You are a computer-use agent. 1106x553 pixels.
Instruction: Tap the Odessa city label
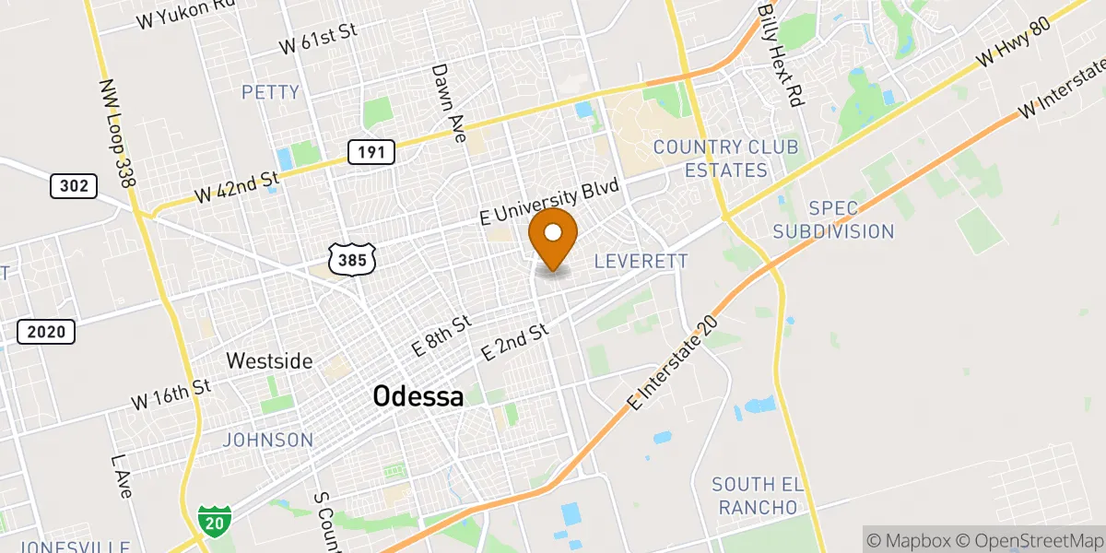[x=418, y=397]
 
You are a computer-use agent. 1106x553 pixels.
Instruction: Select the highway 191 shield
[x=371, y=152]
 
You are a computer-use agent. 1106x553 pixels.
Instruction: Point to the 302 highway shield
[x=73, y=186]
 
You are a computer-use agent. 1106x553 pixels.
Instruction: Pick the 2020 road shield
[x=46, y=332]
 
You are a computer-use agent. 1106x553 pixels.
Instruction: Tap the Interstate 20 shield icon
[x=215, y=522]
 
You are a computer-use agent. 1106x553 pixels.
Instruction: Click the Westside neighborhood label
[x=270, y=360]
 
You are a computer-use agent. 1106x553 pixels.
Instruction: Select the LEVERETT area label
[x=641, y=262]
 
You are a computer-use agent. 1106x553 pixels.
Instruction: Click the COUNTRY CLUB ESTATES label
[x=724, y=159]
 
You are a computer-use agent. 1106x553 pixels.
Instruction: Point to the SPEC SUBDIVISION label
[x=833, y=219]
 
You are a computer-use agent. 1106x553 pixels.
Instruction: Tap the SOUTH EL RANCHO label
[x=758, y=496]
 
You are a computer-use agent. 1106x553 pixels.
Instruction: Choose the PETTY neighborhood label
[x=270, y=92]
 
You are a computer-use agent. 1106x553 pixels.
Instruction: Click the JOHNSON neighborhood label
[x=268, y=440]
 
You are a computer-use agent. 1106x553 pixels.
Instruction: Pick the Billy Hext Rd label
[x=782, y=53]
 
